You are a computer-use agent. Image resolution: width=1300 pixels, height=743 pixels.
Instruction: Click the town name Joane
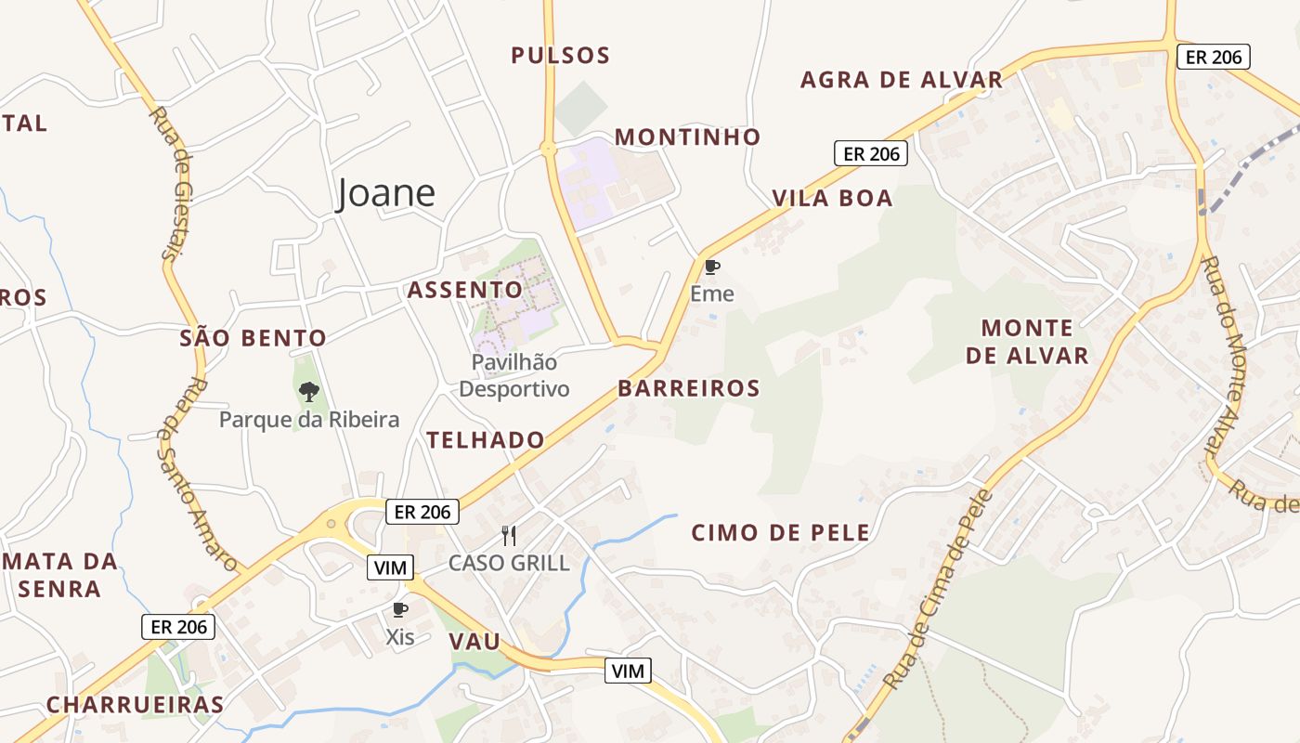pos(385,193)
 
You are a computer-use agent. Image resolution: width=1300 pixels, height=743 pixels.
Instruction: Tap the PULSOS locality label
pos(561,55)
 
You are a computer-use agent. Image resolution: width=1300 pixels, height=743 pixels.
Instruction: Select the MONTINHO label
pos(687,137)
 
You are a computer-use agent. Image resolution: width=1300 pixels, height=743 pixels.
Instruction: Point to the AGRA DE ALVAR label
pos(902,80)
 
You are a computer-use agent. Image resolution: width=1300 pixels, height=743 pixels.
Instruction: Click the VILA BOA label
pos(832,198)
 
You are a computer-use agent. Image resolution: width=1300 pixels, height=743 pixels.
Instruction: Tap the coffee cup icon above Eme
pos(711,267)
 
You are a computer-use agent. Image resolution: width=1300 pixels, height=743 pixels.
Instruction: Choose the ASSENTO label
pos(465,290)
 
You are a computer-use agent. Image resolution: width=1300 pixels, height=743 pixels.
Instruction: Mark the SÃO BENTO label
pos(253,338)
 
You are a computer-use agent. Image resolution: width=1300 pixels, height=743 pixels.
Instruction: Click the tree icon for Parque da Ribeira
pos(309,392)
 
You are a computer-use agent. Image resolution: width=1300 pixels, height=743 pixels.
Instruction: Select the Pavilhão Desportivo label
pos(513,375)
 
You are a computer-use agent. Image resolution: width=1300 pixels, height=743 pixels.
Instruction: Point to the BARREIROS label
pos(688,388)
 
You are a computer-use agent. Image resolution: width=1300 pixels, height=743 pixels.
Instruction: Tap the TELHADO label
pos(485,440)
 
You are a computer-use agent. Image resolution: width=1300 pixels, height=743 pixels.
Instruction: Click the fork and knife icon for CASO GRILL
pos(508,535)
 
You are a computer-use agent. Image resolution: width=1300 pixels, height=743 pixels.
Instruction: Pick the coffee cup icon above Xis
pos(399,610)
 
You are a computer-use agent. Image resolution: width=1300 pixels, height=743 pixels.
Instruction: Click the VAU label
pos(474,642)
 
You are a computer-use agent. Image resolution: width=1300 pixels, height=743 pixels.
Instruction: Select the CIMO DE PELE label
pos(780,533)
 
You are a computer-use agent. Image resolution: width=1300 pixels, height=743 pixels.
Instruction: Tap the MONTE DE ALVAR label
pos(1027,342)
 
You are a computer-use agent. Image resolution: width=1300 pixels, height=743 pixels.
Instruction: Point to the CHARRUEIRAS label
pos(136,704)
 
